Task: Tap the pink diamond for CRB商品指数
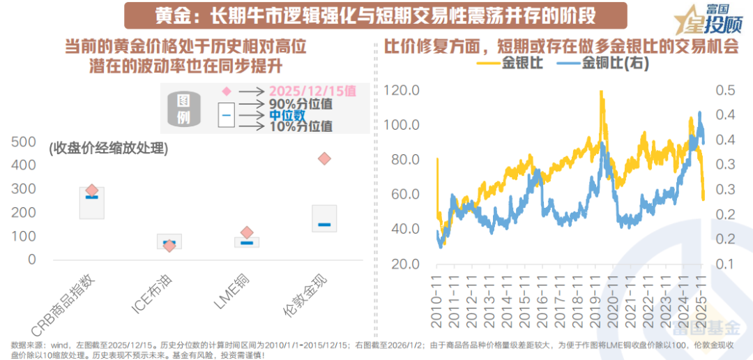click(91, 190)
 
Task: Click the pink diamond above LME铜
click(247, 233)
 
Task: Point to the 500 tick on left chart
click(24, 142)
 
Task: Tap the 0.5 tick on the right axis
click(725, 91)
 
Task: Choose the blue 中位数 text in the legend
click(287, 114)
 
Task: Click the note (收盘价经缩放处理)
click(108, 149)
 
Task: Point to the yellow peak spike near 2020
click(601, 94)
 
